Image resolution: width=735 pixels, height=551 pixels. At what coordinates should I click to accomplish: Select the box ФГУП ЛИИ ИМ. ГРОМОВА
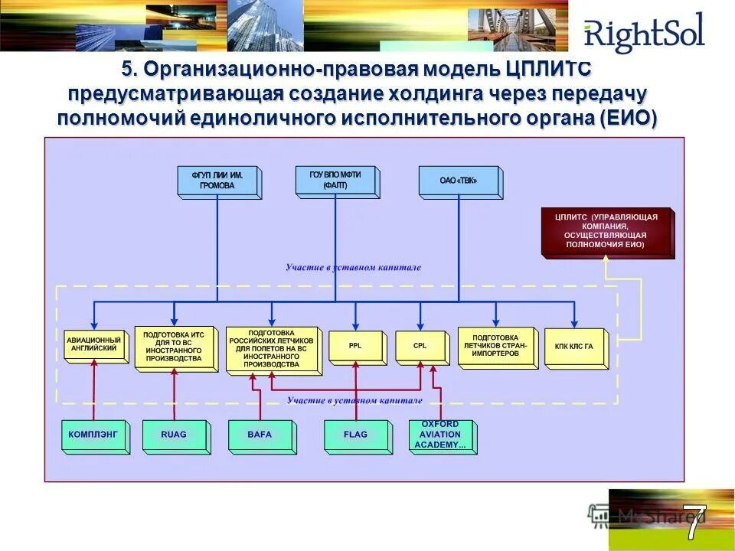tap(217, 181)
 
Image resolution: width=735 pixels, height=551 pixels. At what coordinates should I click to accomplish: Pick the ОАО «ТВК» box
tap(459, 181)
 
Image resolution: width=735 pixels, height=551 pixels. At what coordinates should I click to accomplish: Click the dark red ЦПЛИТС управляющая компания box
tap(606, 231)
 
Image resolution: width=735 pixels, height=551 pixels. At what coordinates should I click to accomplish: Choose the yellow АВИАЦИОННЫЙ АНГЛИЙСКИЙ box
tap(94, 345)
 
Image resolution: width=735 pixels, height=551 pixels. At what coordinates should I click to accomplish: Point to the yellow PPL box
tap(355, 346)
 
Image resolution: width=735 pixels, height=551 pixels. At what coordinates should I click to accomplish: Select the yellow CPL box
tap(420, 346)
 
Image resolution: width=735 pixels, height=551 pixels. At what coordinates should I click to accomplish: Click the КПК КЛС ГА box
tap(573, 347)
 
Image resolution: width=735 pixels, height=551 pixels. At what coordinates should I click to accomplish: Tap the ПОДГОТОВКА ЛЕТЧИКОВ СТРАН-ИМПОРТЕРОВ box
tap(495, 346)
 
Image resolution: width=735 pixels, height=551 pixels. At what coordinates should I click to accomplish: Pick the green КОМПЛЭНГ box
tap(93, 435)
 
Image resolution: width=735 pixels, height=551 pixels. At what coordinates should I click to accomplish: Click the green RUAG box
tap(174, 435)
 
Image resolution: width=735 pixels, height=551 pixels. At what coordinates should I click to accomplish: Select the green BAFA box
tap(260, 435)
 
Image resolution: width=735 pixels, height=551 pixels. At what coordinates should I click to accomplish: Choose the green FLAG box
tap(356, 435)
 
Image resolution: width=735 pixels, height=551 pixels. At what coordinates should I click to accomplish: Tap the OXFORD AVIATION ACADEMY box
tap(440, 435)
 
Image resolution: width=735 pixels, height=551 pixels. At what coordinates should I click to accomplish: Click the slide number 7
tap(694, 523)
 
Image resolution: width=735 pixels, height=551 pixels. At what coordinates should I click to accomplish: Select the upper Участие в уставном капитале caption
tap(353, 268)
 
